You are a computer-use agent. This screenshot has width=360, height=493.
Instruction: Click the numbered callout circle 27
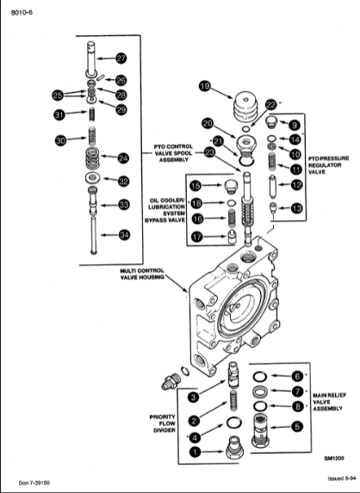(x=121, y=59)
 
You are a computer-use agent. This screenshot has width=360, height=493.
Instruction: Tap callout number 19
(x=205, y=86)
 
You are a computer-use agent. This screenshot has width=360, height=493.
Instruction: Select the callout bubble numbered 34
(x=124, y=235)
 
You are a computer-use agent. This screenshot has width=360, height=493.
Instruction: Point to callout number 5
(x=297, y=427)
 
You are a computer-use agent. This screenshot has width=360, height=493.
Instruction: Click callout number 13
(x=296, y=208)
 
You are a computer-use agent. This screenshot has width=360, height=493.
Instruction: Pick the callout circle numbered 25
(x=58, y=96)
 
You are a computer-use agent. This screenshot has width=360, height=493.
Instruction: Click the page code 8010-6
(x=22, y=13)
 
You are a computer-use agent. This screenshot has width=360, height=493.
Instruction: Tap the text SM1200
(x=334, y=458)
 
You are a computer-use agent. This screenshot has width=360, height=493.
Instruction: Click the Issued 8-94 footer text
(x=340, y=478)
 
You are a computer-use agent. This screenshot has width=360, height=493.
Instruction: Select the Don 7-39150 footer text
(x=34, y=483)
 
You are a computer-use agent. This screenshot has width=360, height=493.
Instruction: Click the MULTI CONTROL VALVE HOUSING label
(x=142, y=274)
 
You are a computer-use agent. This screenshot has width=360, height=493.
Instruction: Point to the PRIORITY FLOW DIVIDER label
(x=163, y=423)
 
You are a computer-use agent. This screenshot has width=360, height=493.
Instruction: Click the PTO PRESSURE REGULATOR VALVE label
(x=328, y=165)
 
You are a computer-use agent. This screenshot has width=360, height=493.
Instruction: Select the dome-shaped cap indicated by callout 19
(x=245, y=106)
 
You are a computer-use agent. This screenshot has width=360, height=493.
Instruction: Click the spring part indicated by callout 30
(x=91, y=136)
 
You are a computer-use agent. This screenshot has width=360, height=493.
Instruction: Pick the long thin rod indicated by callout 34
(x=94, y=236)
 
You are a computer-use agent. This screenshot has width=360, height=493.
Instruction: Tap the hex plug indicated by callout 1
(x=235, y=447)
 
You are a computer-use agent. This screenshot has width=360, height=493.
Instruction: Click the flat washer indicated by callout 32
(x=92, y=178)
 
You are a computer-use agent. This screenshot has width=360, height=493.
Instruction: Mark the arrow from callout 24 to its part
(x=109, y=157)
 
